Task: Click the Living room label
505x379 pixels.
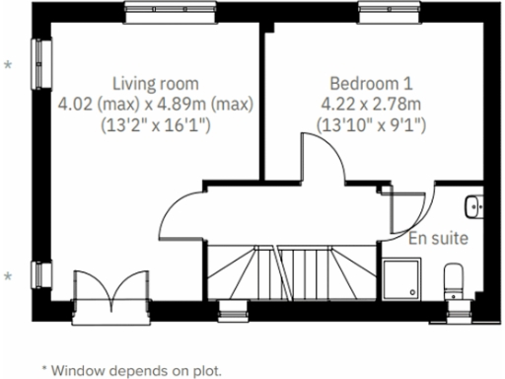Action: coord(156,83)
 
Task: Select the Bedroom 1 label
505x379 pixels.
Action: coord(371,83)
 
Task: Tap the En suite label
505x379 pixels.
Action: coord(438,238)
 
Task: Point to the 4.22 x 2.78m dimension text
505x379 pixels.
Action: coord(371,104)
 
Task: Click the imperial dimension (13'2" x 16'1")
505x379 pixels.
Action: coord(156,125)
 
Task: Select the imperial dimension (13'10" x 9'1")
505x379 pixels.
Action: coord(371,125)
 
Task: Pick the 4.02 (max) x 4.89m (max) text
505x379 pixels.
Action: coord(156,104)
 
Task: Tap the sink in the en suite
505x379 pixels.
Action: coord(474,207)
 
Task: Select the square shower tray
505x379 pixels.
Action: coord(402,278)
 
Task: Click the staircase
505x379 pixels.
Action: coord(290,273)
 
